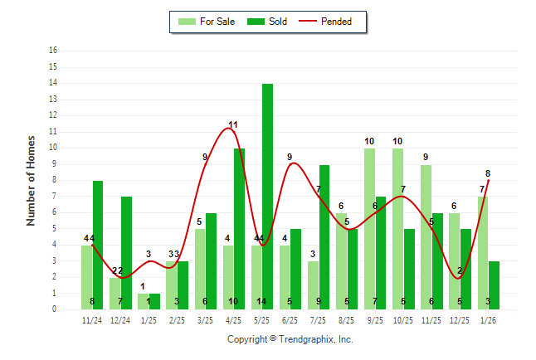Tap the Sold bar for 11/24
coord(98,245)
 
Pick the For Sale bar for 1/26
coord(483,252)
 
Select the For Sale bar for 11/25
coord(426,236)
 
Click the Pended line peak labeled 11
coord(233,129)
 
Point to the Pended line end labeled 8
coord(488,180)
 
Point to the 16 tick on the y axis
coord(54,51)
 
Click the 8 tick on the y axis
coord(54,180)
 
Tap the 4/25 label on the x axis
coord(233,319)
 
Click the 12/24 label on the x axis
coord(120,319)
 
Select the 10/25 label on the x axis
coord(402,319)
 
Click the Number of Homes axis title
coord(31,180)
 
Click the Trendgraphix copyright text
coord(290,339)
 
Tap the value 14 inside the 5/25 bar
coord(261,301)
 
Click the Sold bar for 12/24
coord(126,253)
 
